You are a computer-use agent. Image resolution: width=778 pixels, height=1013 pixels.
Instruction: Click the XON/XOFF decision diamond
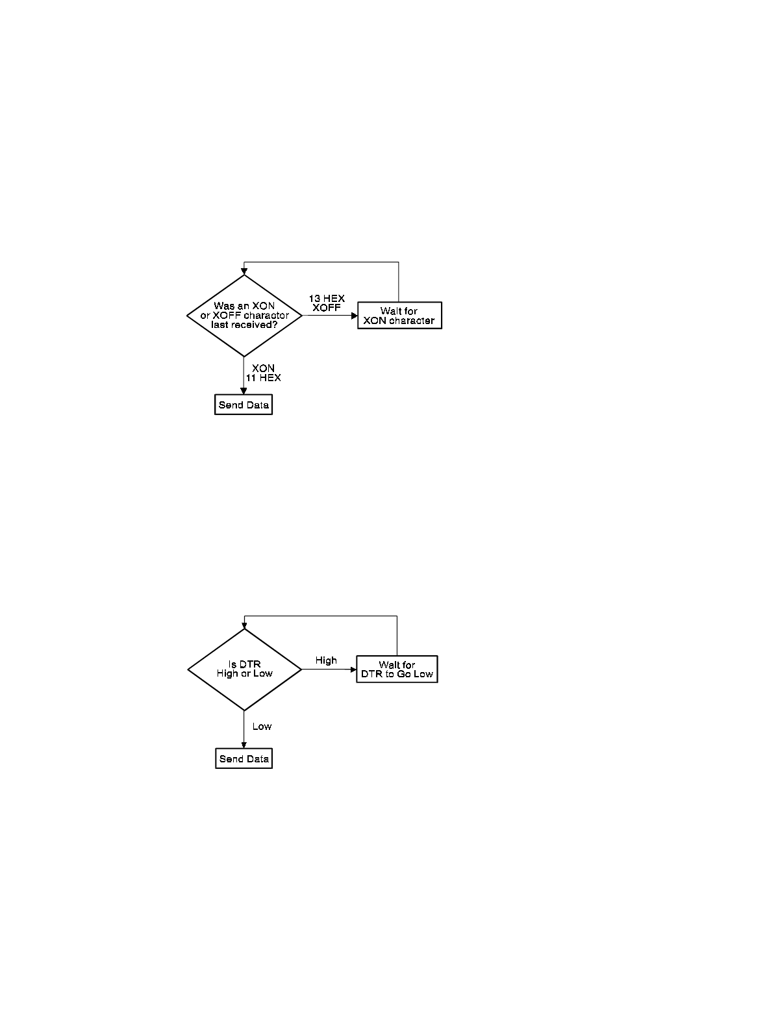[x=244, y=316]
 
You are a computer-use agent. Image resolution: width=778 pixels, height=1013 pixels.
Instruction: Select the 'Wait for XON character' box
[x=399, y=316]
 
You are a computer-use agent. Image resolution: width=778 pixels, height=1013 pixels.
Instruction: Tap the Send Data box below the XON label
[x=244, y=405]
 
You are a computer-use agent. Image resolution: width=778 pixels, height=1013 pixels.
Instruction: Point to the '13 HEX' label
[x=327, y=299]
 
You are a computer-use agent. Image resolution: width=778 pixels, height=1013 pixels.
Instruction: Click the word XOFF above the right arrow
[x=327, y=308]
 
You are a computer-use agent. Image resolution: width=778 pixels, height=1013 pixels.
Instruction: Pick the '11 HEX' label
[x=263, y=377]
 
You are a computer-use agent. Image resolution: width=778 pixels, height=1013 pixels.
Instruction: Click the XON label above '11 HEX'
[x=263, y=368]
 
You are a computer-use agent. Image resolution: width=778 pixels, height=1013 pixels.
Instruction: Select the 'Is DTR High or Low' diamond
[x=244, y=669]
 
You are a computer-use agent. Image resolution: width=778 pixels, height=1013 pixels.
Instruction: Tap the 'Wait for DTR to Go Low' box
[x=397, y=669]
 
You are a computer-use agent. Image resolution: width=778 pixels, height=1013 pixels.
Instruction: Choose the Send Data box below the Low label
[x=244, y=759]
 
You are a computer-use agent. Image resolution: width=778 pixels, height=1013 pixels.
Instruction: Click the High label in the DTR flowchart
[x=326, y=660]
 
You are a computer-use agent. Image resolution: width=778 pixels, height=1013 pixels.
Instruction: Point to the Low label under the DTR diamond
[x=262, y=727]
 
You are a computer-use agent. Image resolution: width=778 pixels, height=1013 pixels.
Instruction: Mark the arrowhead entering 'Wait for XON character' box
[x=355, y=316]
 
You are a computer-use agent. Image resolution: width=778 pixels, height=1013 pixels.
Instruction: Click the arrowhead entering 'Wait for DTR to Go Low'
[x=353, y=669]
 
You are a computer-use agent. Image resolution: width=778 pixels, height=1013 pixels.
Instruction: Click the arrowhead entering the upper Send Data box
[x=244, y=392]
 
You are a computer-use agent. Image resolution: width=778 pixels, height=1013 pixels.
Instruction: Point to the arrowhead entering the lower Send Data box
[x=244, y=745]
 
